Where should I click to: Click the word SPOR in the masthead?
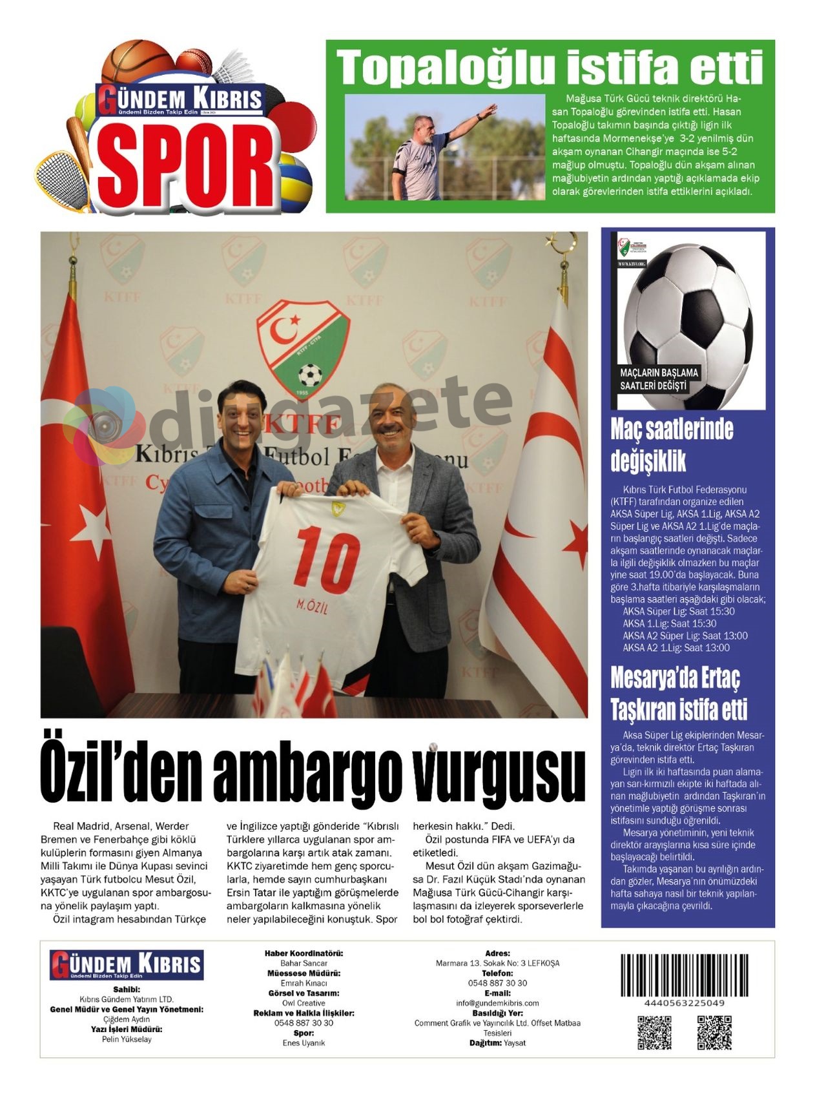[x=187, y=165]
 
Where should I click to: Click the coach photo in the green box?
[x=445, y=147]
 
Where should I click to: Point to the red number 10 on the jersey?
[x=329, y=559]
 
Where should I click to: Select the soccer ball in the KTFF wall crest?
[x=311, y=375]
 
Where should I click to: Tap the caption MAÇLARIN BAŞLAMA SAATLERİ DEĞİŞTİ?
[x=659, y=379]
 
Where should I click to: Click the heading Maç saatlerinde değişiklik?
[x=672, y=445]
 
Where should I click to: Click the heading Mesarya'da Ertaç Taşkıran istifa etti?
[x=678, y=694]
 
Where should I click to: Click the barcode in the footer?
[x=684, y=975]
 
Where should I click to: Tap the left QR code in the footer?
[x=654, y=1032]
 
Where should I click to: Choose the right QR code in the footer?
[x=714, y=1032]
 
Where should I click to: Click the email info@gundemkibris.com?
[x=497, y=1003]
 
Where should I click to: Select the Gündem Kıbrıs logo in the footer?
[x=127, y=965]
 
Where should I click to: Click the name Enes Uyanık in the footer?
[x=304, y=1043]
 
